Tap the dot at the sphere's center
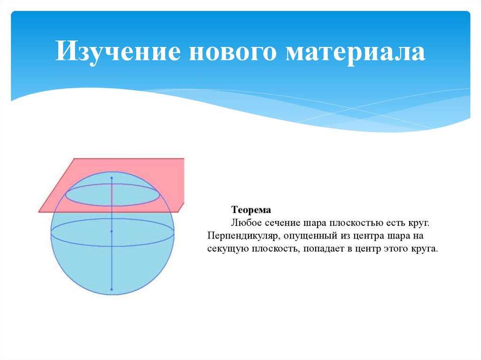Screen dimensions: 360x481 pos(112,231)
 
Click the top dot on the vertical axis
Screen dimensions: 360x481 pos(112,178)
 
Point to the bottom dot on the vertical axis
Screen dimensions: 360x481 pos(112,290)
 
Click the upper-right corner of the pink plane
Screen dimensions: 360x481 pos(183,159)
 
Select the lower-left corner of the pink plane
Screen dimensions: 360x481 pos(39,212)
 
